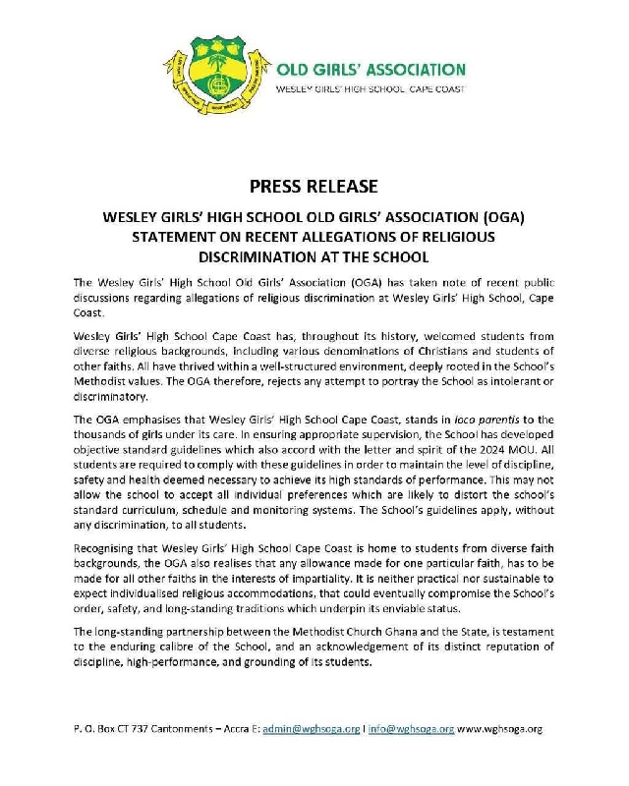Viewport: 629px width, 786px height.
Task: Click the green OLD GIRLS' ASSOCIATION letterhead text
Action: tap(371, 70)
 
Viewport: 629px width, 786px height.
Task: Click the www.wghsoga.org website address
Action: tap(498, 730)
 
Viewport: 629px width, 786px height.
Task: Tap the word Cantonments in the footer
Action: tap(173, 730)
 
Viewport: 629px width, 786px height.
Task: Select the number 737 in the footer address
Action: tap(131, 730)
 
